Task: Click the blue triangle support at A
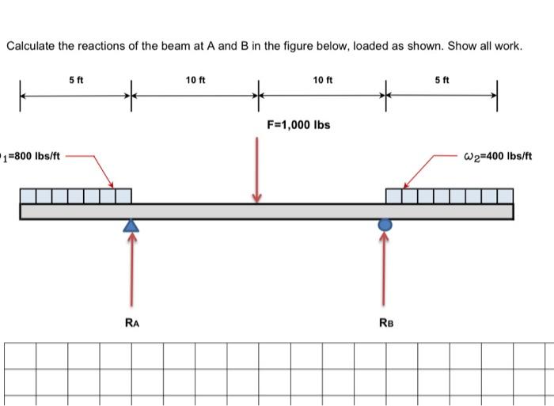pos(131,226)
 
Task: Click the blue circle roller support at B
pos(385,225)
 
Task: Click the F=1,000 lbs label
pos(298,125)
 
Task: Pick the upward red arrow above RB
pos(385,269)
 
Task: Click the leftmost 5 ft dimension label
pos(75,79)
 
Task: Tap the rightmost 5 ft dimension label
pos(442,79)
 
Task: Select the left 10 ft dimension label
pos(195,79)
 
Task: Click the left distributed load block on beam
pos(76,195)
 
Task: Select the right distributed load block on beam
pos(449,195)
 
